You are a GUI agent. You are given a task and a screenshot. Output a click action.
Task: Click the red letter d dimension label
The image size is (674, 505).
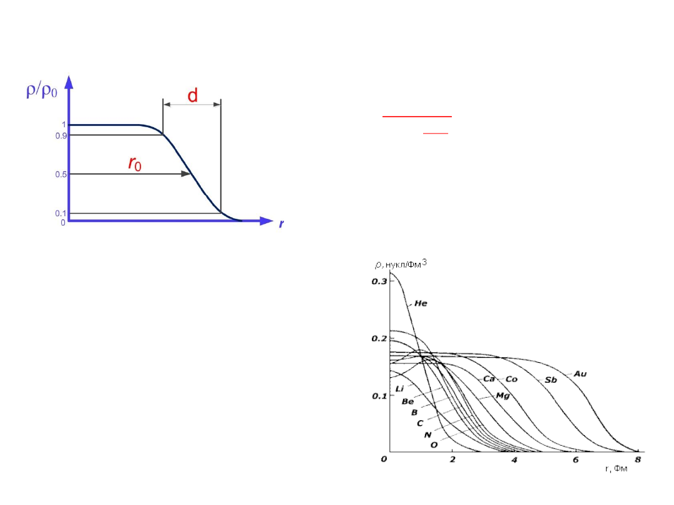pos(193,95)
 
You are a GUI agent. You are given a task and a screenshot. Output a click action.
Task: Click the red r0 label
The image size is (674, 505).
pos(135,163)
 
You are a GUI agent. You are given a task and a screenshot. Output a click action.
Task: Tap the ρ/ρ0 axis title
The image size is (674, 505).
pos(42,90)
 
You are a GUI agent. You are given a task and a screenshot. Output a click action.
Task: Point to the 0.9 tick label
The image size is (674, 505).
pos(61,136)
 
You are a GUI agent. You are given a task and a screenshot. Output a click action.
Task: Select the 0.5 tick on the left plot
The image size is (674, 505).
pos(61,175)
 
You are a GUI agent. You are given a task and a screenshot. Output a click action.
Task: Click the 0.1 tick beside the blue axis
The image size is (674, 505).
pos(61,213)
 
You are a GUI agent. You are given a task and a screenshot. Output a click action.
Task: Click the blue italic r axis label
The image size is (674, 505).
pos(281,224)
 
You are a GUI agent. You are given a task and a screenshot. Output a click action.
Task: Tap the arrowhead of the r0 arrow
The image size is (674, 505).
pos(186,173)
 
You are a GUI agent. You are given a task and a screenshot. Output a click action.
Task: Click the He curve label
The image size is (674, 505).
pos(421,303)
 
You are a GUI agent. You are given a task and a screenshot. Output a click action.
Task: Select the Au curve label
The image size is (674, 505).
pos(580,373)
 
